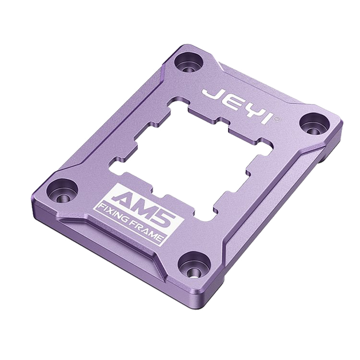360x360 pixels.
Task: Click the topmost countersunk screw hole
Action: click(189, 62)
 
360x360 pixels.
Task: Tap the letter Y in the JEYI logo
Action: click(249, 111)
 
